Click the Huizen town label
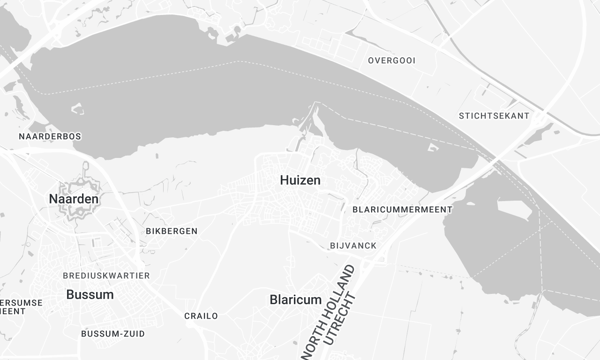[300, 180]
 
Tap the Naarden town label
[74, 200]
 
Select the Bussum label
[90, 295]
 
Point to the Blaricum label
[296, 300]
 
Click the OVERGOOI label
[392, 60]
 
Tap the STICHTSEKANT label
[494, 116]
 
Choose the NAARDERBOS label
[50, 135]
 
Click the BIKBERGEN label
[172, 231]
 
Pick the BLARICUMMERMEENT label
[403, 210]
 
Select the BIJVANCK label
[350, 245]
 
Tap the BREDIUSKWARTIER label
[106, 275]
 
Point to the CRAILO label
[201, 316]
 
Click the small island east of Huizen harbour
[433, 149]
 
